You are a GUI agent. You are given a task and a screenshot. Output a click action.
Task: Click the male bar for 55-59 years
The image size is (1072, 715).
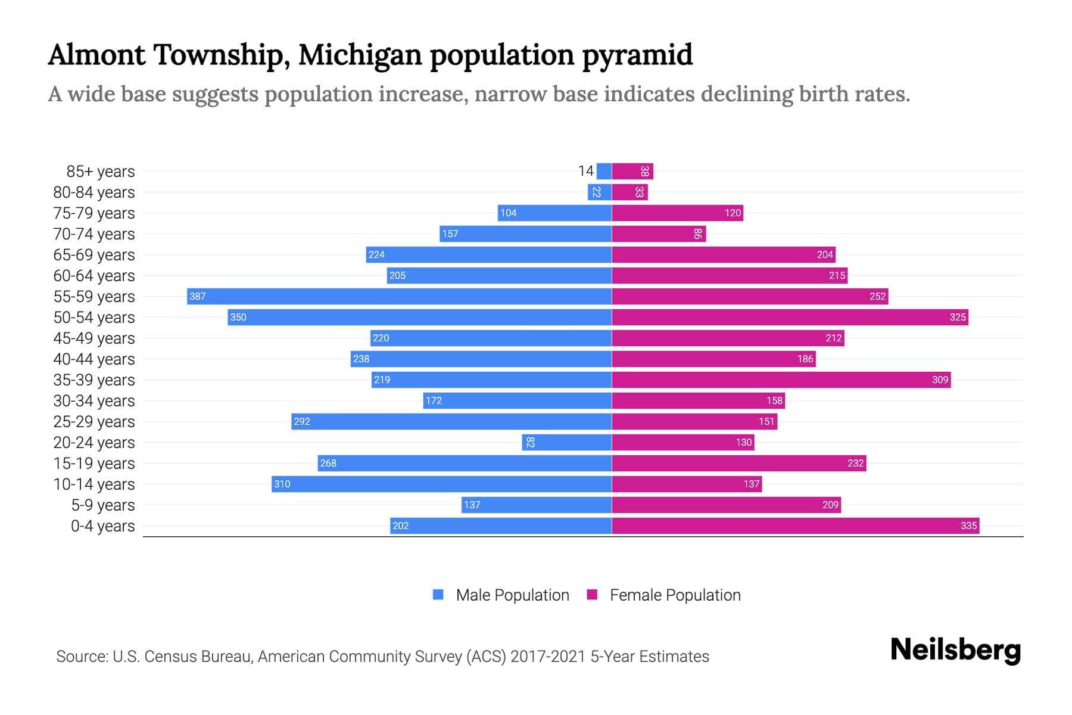tap(399, 296)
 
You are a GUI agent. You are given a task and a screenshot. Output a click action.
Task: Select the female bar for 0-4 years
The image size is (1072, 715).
tap(795, 526)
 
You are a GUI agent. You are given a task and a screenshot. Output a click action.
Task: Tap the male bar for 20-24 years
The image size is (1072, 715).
tap(566, 442)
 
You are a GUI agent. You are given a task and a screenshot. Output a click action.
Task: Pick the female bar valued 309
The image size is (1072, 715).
tap(781, 380)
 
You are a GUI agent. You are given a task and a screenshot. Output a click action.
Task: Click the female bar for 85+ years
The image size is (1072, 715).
tap(632, 171)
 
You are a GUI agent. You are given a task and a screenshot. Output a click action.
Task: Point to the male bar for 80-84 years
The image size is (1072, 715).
tap(600, 192)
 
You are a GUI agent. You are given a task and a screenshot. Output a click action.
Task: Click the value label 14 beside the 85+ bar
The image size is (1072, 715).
tap(585, 171)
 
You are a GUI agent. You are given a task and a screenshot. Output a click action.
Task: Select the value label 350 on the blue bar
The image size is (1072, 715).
tap(238, 317)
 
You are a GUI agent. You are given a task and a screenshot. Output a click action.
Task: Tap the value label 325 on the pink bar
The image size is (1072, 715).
tap(957, 317)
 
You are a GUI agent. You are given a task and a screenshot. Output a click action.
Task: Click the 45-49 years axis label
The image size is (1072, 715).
tap(94, 338)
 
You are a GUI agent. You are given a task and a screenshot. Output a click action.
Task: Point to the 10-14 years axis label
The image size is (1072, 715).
tap(94, 484)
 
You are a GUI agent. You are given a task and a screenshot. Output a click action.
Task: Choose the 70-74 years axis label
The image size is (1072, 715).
tap(94, 234)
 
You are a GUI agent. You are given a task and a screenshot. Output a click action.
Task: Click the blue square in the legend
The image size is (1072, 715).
tap(438, 595)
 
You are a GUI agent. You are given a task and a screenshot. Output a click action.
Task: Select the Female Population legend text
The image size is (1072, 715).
tap(675, 595)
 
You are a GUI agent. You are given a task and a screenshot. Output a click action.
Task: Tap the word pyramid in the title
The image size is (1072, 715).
tap(637, 55)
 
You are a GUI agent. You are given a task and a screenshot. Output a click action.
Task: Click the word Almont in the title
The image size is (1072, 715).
tap(96, 54)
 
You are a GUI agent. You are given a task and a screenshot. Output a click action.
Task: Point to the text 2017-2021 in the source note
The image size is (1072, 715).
tap(548, 656)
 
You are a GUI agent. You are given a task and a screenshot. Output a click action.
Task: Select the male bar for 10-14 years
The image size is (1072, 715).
tap(441, 484)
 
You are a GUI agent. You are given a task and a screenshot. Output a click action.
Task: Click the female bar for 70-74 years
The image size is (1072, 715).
tap(659, 234)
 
